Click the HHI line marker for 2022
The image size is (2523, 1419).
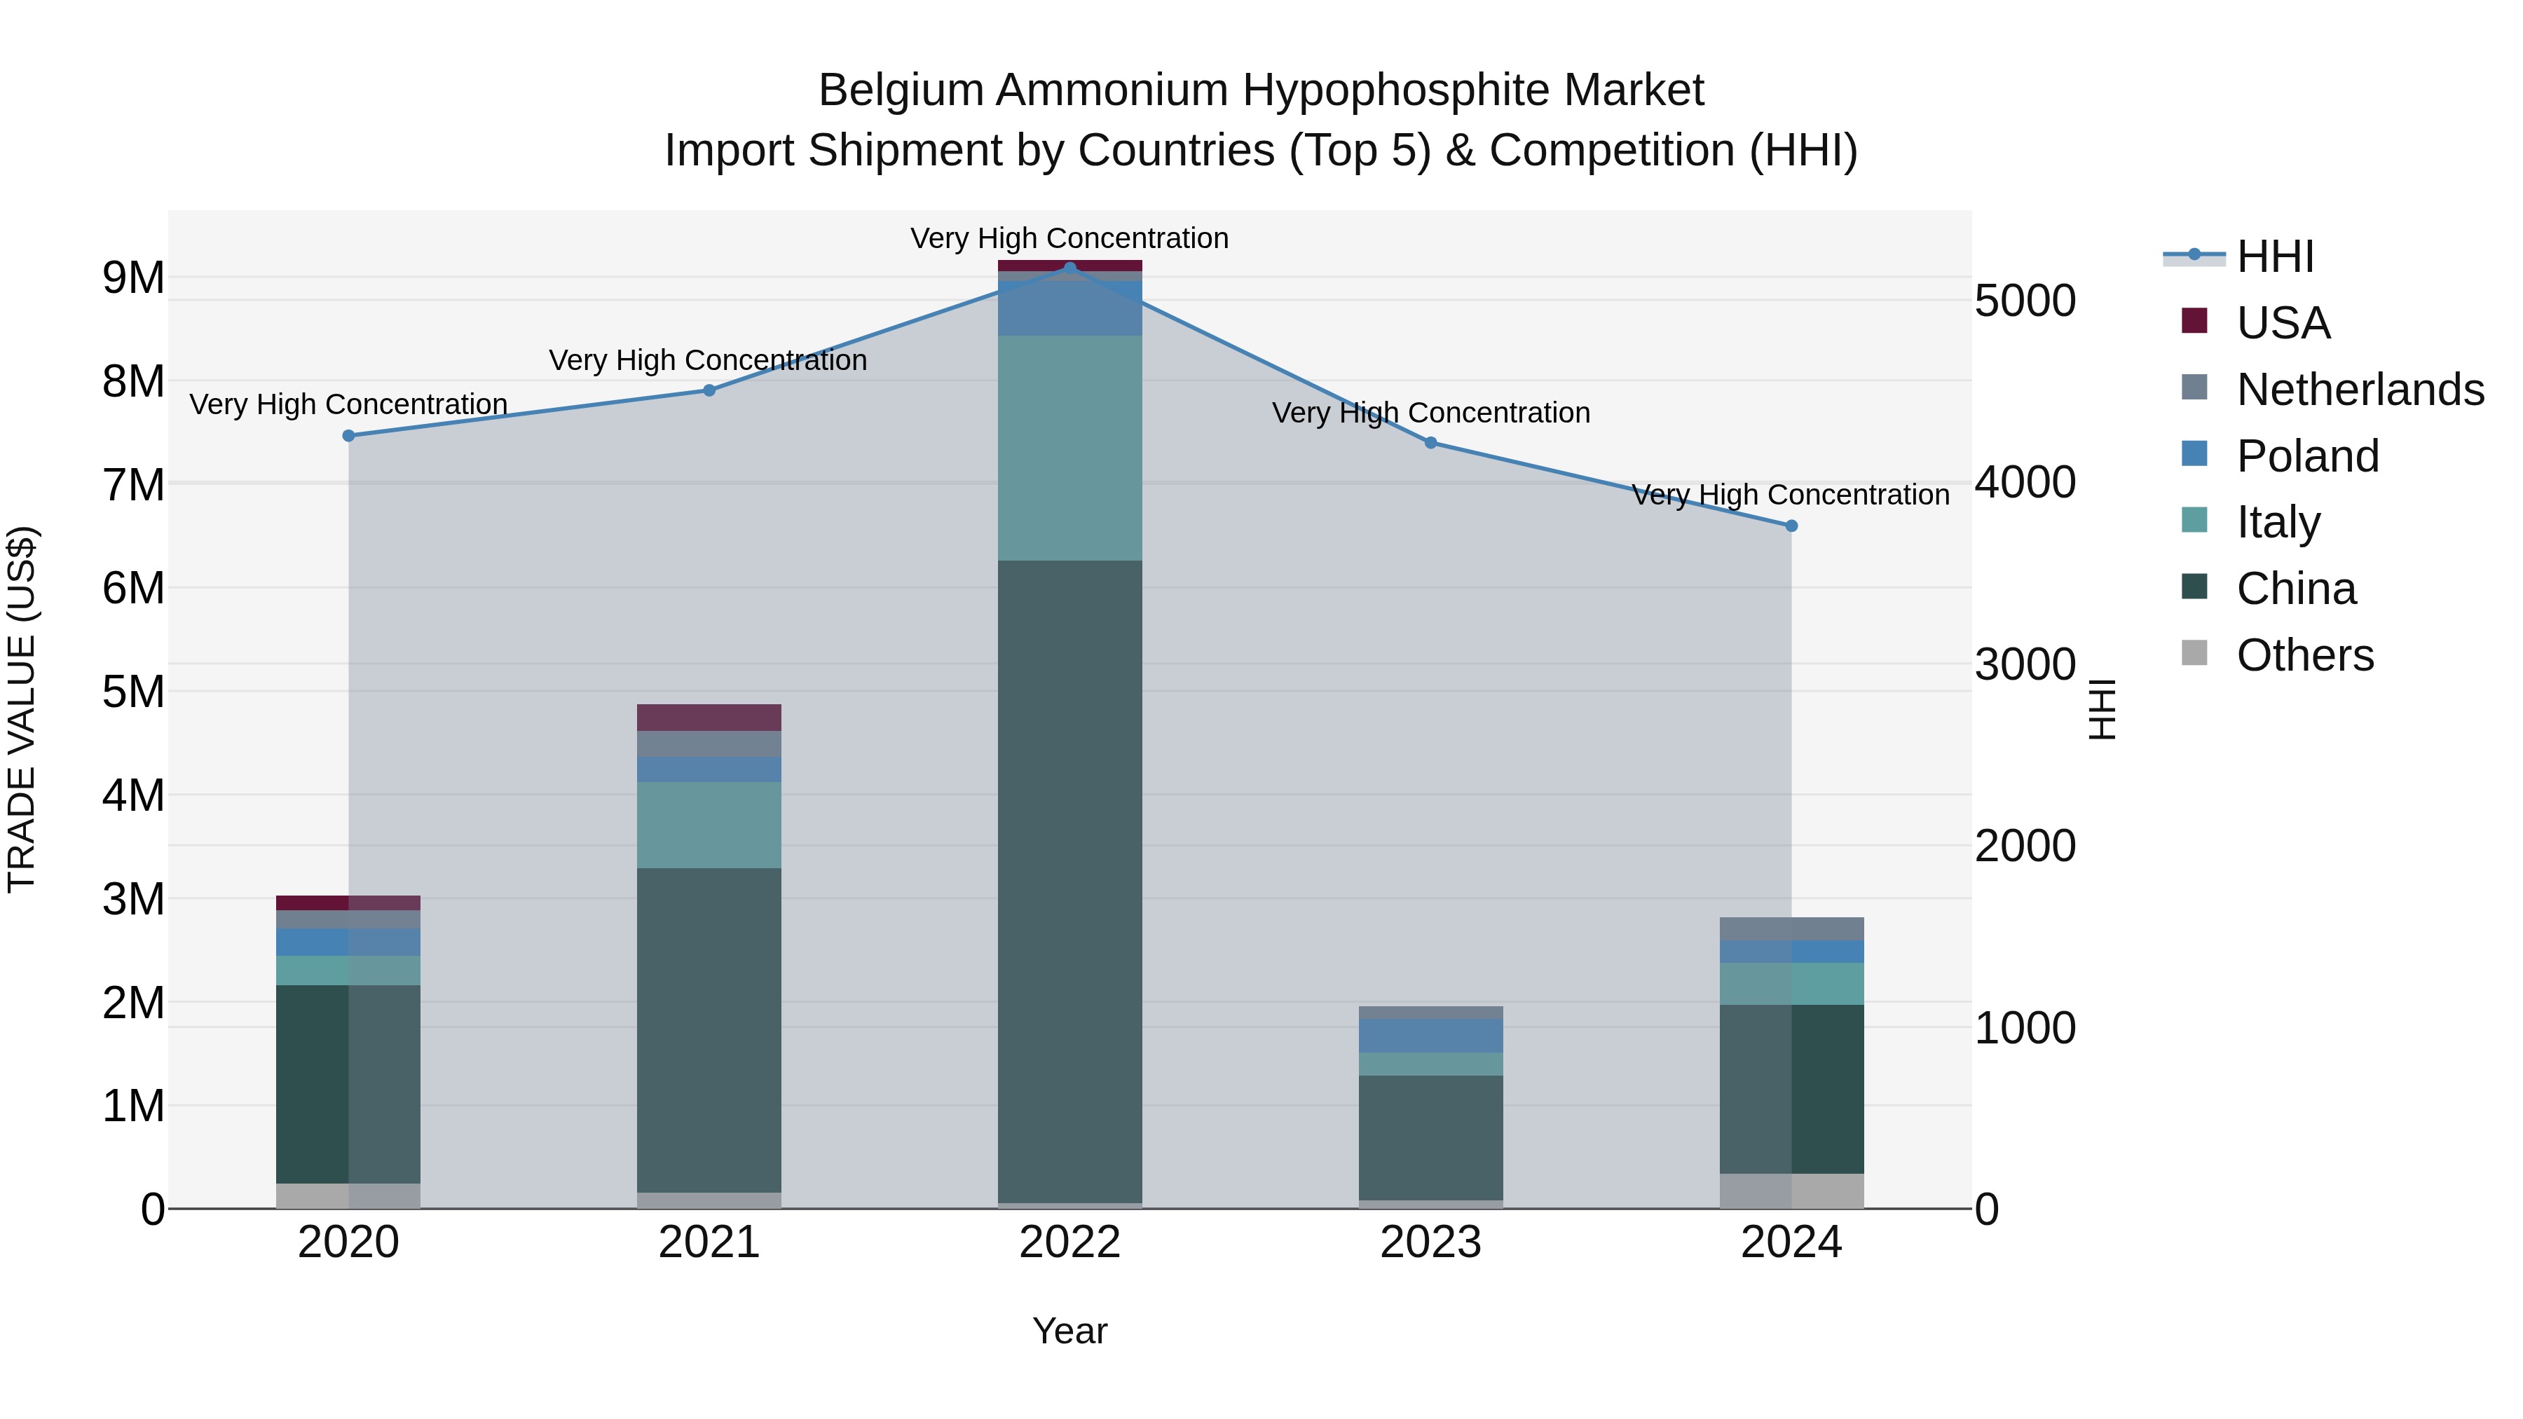pos(1069,268)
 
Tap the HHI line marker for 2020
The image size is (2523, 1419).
pos(349,436)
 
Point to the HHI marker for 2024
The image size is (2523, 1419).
pos(1791,526)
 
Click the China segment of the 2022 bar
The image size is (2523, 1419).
pos(1069,882)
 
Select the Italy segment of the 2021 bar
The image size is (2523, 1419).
pos(709,825)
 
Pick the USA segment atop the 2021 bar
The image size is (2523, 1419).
pos(709,717)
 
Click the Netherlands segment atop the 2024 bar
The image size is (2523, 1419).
pos(1791,928)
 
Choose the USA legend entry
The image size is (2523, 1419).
pos(2282,323)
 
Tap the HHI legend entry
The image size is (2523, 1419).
pos(2274,256)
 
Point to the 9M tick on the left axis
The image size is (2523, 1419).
pos(133,278)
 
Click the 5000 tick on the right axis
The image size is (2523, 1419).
pos(2025,301)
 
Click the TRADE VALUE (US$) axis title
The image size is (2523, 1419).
pos(22,709)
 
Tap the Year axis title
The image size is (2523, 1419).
pos(1069,1331)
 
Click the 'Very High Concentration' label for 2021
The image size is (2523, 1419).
pos(707,360)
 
